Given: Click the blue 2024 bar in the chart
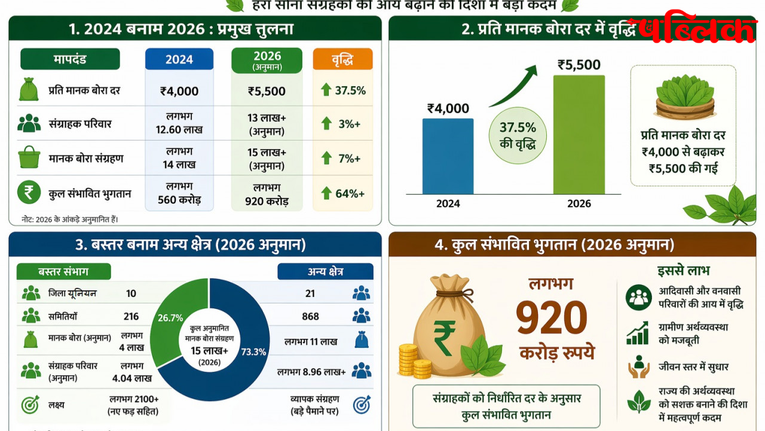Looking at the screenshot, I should pos(448,156).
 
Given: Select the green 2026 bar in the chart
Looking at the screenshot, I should pos(579,135).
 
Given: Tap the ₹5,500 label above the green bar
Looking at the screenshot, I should pos(579,65).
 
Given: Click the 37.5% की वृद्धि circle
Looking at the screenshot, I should pos(518,135).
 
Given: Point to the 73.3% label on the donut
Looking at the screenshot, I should pos(253,352).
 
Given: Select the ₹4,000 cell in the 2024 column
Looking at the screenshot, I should pos(179,92).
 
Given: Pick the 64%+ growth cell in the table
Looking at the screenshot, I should pos(342,193).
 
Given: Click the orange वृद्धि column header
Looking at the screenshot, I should pos(342,59).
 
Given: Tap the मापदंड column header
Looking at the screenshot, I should pos(70,59).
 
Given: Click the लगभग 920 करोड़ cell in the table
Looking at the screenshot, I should pos(267,194).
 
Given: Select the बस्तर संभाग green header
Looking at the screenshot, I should pos(63,271).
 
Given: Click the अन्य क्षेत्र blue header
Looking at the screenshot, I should pos(325,271).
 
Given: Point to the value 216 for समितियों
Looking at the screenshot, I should pos(131,316).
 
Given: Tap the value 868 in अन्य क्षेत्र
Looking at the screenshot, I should pos(310,316).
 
